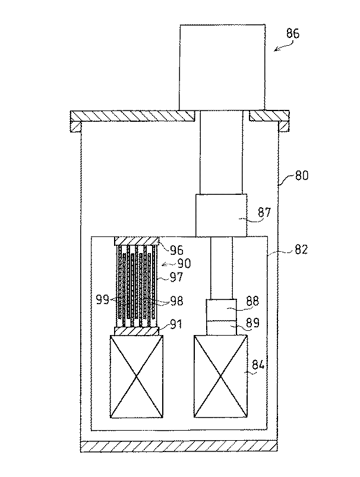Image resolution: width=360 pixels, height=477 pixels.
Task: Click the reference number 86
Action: [x=293, y=33]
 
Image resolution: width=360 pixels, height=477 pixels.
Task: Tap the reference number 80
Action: [x=302, y=175]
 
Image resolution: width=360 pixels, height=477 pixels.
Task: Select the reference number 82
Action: [x=301, y=249]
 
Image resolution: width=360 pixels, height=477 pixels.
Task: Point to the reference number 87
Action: [x=264, y=211]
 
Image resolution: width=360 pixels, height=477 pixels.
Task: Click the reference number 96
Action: [x=176, y=250]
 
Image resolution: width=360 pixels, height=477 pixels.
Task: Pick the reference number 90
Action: [x=184, y=263]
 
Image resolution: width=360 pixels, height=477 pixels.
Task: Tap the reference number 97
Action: [x=176, y=277]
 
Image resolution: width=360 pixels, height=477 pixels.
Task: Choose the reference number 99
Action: [x=103, y=300]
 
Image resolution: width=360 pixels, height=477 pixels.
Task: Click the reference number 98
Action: [x=176, y=301]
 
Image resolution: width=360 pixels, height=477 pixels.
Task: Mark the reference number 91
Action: [x=176, y=324]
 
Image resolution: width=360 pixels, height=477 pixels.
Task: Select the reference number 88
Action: [x=252, y=301]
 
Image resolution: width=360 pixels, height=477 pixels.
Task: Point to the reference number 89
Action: [x=253, y=323]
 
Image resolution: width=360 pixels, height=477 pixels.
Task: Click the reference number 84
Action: [x=258, y=365]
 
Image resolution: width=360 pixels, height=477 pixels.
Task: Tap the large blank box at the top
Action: [x=222, y=67]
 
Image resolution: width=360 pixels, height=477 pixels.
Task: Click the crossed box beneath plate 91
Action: [x=136, y=376]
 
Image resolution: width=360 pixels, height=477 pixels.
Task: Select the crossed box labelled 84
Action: [x=220, y=376]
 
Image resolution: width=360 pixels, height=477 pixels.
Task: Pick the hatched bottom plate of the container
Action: [x=179, y=446]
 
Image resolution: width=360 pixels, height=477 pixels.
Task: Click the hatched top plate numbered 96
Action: [x=137, y=241]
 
